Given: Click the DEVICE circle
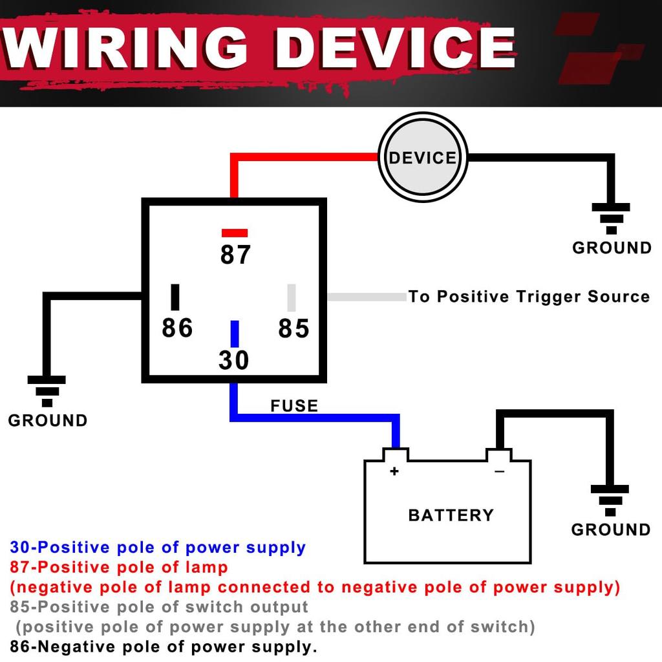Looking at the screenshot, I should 422,157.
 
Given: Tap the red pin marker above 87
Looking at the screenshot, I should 234,233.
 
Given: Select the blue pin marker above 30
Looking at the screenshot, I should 235,334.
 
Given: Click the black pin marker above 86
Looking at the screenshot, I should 175,297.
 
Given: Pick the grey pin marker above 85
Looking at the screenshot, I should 292,297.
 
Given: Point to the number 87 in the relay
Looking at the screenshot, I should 235,255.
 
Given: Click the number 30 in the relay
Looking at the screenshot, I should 234,360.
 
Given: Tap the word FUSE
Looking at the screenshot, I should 294,406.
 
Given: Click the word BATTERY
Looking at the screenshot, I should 451,515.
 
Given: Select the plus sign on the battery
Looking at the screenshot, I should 394,471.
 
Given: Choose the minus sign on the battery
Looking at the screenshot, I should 499,472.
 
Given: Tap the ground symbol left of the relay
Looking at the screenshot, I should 47,390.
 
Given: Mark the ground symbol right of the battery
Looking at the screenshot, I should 610,500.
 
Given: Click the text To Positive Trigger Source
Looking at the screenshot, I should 529,297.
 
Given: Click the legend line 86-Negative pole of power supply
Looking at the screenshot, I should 164,646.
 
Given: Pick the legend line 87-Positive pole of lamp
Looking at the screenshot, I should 119,568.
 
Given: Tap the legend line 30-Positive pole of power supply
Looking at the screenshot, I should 158,548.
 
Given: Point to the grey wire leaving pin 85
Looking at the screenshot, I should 366,297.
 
